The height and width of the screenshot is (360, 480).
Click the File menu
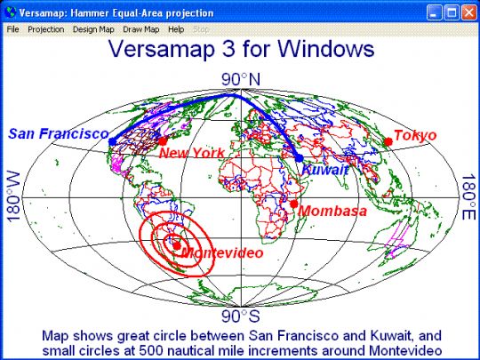point(12,29)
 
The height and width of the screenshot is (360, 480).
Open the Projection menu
point(45,29)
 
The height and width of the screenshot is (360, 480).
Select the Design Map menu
point(93,29)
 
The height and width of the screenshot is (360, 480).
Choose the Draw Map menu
point(141,29)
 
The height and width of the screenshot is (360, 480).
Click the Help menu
point(176,29)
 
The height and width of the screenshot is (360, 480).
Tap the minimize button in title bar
point(435,12)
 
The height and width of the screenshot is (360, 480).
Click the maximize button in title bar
point(452,12)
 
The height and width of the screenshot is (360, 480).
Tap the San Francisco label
point(59,134)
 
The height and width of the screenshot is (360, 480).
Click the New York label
point(191,154)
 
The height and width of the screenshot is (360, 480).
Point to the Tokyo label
point(415,135)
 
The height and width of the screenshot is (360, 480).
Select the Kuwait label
point(326,170)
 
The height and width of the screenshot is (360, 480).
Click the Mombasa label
point(332,212)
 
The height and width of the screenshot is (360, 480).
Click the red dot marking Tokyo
point(388,141)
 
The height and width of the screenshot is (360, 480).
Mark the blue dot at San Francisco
point(111,141)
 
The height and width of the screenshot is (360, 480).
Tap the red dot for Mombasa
point(293,204)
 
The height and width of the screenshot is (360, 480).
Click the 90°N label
point(241,80)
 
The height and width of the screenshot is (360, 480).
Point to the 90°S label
point(241,316)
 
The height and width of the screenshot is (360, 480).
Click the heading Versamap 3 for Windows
point(240,51)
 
